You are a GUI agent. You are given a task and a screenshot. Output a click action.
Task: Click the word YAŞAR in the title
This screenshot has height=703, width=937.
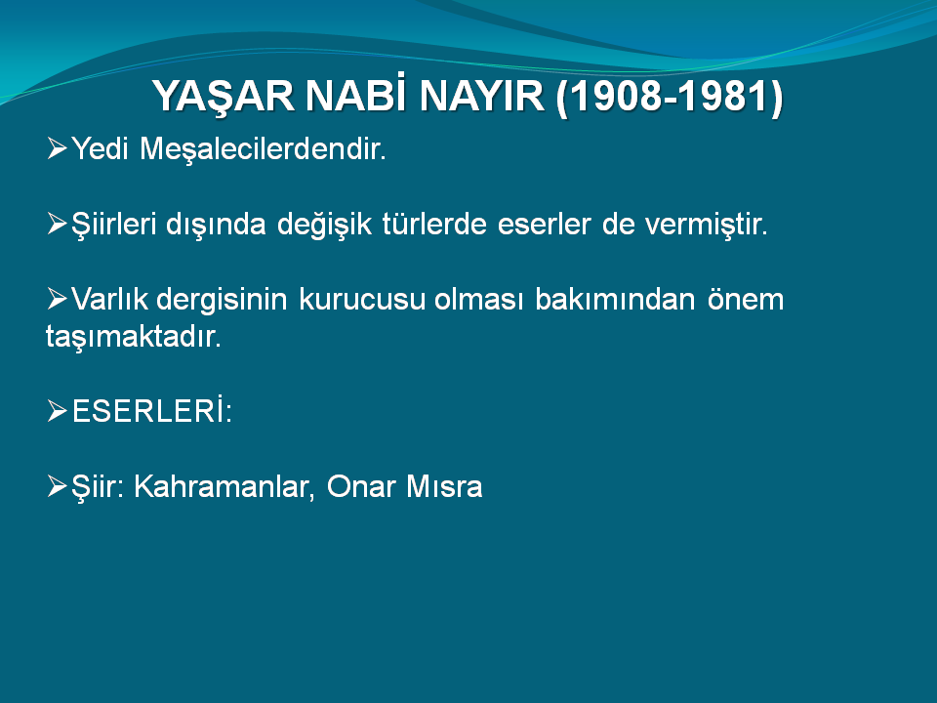(x=223, y=97)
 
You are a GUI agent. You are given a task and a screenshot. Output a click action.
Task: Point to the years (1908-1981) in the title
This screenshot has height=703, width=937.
(x=670, y=97)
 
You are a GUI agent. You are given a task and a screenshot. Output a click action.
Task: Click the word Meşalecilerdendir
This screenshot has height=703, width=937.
(x=263, y=148)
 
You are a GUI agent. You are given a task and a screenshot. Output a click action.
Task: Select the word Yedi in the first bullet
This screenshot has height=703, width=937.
(x=100, y=148)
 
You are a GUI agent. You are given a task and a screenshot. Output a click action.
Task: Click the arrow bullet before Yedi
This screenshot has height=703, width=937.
(x=57, y=148)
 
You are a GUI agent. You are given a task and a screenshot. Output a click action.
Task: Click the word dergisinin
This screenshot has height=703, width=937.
(x=222, y=300)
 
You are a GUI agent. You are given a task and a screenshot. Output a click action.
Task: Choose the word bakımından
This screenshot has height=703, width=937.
(x=615, y=299)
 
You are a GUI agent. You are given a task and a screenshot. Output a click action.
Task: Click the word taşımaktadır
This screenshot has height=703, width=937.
(x=134, y=337)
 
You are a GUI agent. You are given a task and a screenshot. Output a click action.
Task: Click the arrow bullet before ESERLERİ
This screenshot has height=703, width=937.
(x=57, y=411)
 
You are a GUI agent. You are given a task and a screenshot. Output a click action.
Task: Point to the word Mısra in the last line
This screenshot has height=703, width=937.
(x=444, y=486)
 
